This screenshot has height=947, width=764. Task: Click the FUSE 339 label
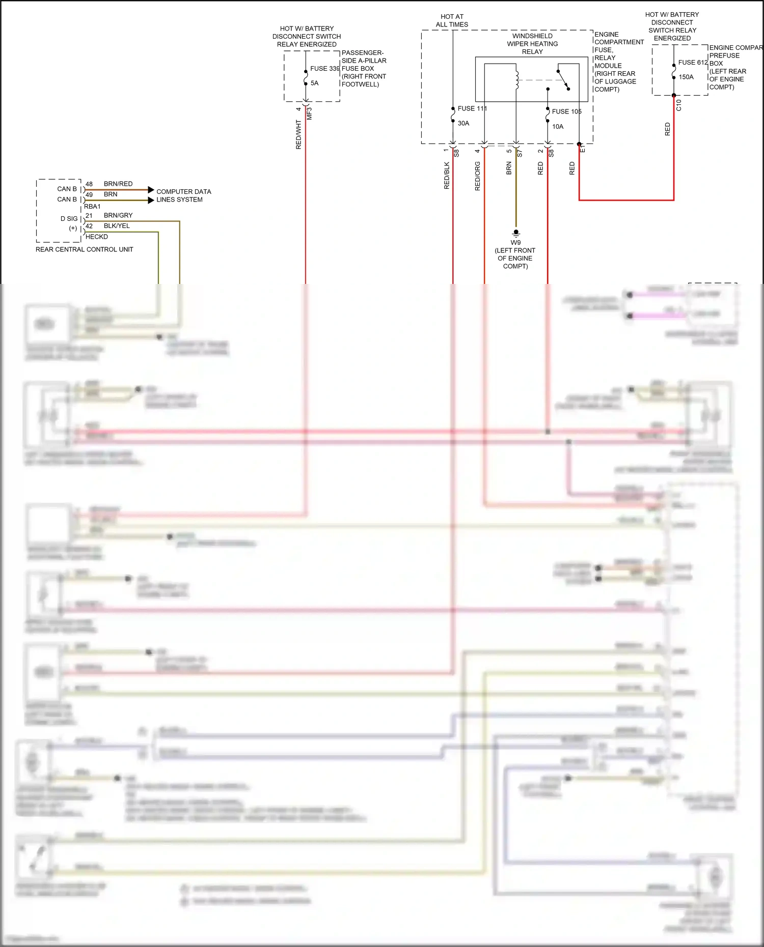pos(324,69)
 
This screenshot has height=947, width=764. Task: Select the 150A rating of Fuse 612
pos(686,77)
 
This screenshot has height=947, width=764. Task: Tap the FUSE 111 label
pos(472,108)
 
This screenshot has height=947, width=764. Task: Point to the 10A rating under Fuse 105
pos(558,127)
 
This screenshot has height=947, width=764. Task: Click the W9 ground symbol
pos(516,233)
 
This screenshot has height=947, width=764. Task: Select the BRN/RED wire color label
pos(118,184)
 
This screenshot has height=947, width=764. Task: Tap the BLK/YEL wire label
pos(117,226)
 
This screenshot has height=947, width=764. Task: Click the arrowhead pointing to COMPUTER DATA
pos(151,190)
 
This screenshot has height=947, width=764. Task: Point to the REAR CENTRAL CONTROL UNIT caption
pos(85,249)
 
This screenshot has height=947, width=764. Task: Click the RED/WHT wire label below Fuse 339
pos(299,135)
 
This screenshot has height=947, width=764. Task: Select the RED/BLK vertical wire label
pos(447,176)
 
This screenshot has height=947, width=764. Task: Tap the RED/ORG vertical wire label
pos(478,176)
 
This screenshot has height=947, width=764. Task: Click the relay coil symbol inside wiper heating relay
pos(516,80)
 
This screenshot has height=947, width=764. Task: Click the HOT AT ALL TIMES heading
pos(452,20)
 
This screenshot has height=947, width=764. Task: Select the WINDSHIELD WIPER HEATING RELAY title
pos(532,44)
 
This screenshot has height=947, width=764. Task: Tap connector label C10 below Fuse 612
pos(678,105)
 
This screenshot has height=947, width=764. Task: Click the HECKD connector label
pos(97,237)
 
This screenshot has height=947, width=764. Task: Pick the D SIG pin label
pos(69,219)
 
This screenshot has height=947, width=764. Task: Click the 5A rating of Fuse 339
pos(315,83)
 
